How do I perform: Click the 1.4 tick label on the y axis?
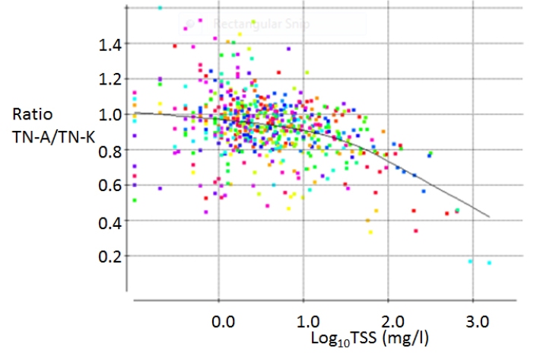110,44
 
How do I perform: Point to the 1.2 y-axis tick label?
110,80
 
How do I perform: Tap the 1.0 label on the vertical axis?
110,116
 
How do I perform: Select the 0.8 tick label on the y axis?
110,151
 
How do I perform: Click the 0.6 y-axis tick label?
110,186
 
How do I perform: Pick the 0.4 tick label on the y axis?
110,221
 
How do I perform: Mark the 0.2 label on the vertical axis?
110,256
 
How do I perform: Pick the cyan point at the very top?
160,8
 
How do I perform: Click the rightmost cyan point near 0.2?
489,263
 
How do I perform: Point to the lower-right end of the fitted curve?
488,217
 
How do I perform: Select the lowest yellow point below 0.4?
370,231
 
